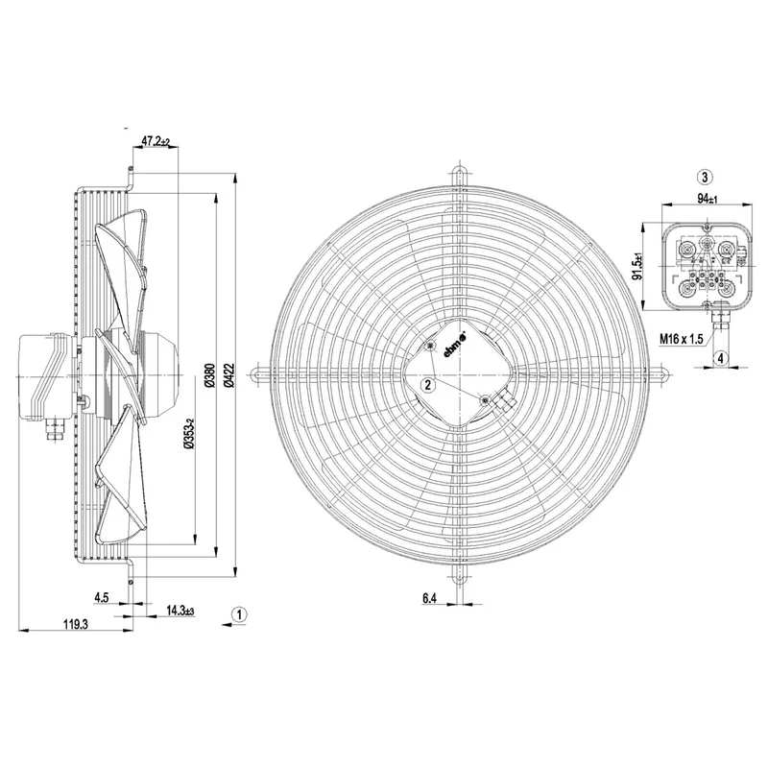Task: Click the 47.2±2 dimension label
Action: [156, 141]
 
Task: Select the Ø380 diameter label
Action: [209, 375]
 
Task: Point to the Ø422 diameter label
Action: [229, 375]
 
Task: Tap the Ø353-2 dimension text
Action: [188, 434]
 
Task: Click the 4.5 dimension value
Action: [102, 597]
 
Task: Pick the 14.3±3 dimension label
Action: [180, 611]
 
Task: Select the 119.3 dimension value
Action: [76, 624]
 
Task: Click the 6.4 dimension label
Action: [428, 598]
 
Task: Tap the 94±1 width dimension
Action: [707, 200]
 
